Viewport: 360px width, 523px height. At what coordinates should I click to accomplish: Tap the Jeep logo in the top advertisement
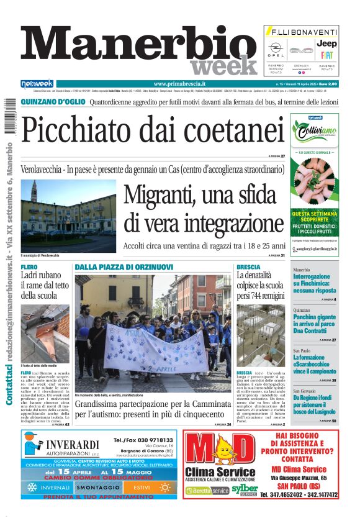326,44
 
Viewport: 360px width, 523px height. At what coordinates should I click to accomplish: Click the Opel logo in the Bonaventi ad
276,47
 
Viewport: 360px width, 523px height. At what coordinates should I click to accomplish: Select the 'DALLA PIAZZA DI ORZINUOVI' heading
124,267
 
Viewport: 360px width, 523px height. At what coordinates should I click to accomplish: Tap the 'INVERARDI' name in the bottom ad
73,444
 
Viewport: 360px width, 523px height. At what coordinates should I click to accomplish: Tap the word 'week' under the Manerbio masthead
215,66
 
